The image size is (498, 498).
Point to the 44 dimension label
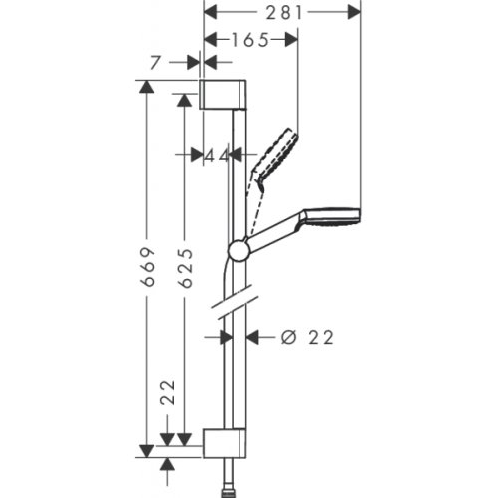tap(217, 155)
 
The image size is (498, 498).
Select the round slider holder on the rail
tap(239, 250)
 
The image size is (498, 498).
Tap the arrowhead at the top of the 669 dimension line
tap(148, 86)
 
